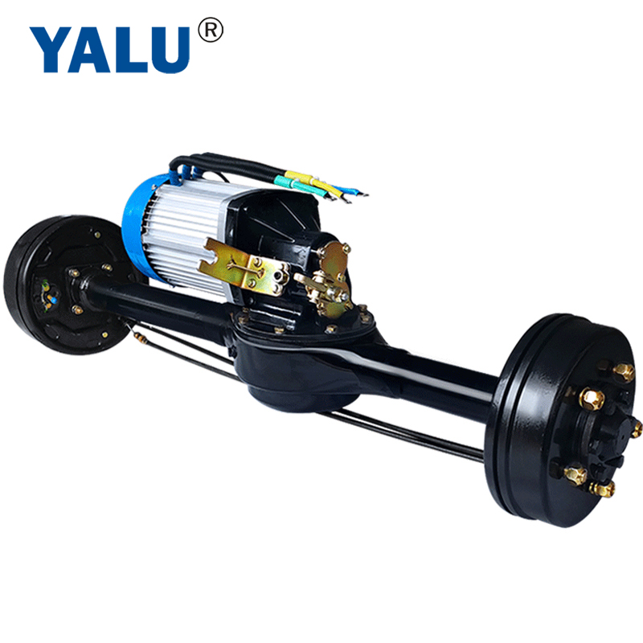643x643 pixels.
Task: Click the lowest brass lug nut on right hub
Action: click(601, 488)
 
